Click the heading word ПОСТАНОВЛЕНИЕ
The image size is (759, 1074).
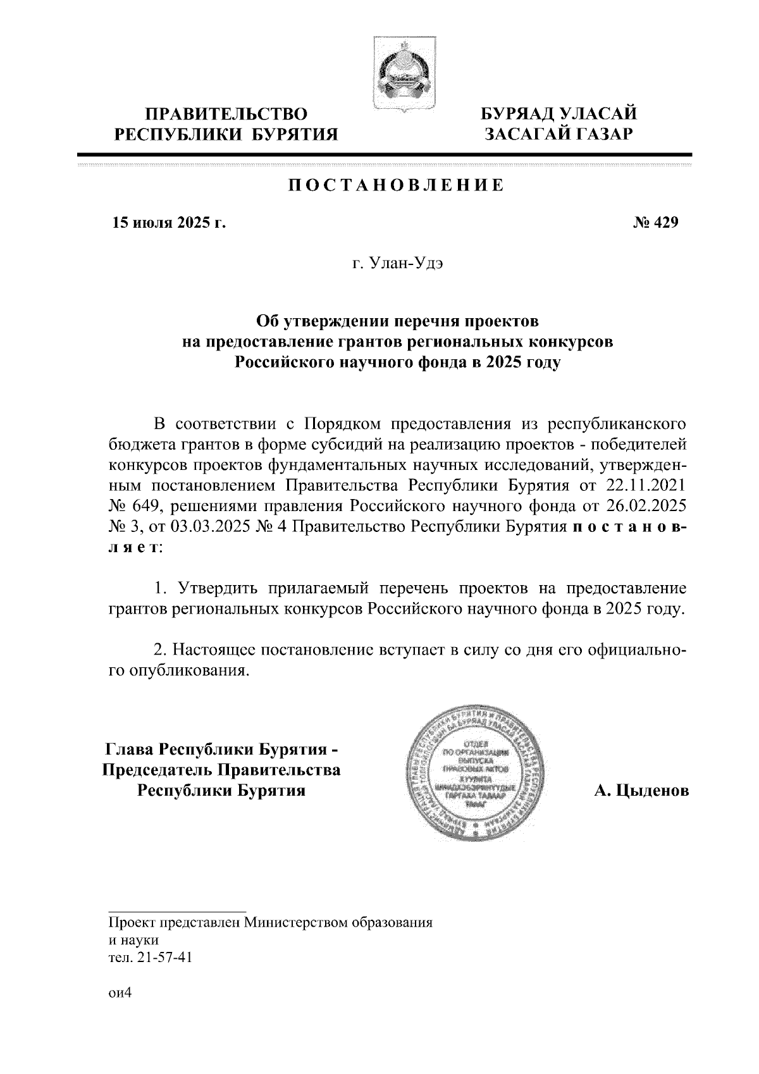(397, 185)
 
